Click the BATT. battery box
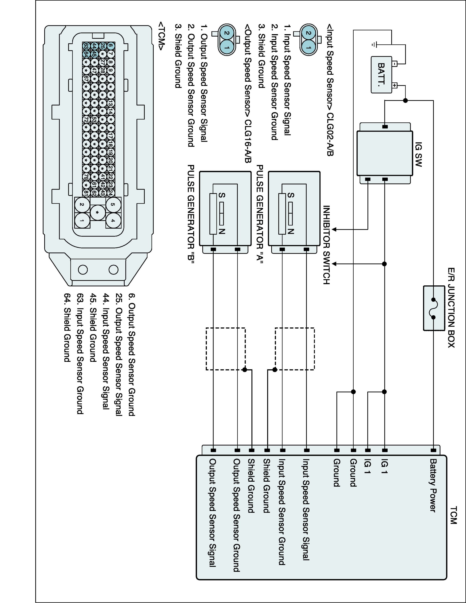pos(381,75)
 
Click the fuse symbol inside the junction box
pos(433,308)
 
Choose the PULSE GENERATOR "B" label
pos(191,214)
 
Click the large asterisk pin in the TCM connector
pos(97,213)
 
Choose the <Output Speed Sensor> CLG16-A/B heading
pos(248,94)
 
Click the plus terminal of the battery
pos(395,85)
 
